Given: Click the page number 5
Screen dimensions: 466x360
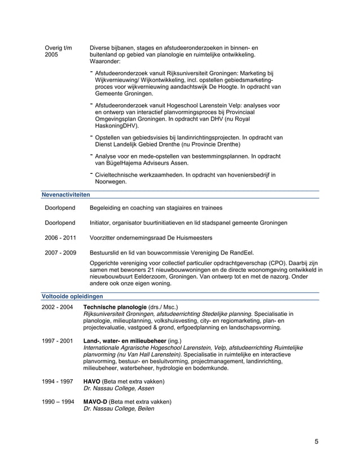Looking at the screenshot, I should (x=317, y=441).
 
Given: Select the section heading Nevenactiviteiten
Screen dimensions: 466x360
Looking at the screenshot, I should (x=66, y=194).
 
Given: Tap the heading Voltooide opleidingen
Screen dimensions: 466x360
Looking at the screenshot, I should (x=72, y=296).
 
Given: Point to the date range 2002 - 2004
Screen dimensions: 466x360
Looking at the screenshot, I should (x=58, y=307).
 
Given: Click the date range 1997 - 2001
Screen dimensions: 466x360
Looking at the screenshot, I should (x=58, y=341).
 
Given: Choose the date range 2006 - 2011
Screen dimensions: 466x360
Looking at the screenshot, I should (x=60, y=238).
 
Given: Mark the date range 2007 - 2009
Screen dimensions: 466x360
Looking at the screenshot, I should (x=60, y=252).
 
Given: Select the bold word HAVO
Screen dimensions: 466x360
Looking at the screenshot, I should (x=92, y=381).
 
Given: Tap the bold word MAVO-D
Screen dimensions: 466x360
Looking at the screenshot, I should (x=95, y=402).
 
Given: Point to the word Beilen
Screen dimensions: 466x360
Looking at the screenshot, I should (x=144, y=408).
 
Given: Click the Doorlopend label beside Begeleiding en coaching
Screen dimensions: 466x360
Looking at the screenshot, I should (x=60, y=208).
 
